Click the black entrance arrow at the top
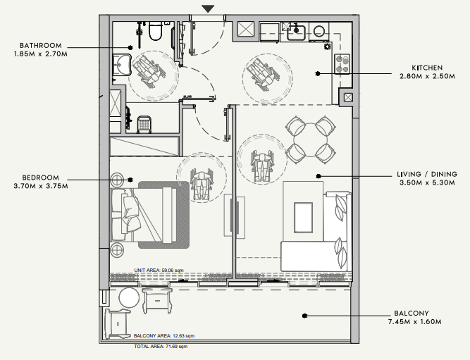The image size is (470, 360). (x=208, y=8)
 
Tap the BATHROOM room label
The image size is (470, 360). (x=41, y=46)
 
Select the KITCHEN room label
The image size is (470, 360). (x=427, y=68)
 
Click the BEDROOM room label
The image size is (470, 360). (x=40, y=178)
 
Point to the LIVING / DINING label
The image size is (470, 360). (x=427, y=174)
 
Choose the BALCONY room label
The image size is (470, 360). (x=412, y=314)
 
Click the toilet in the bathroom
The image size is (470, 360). (x=156, y=30)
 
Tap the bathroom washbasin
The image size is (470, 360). (x=122, y=65)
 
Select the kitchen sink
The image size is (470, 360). (x=296, y=32)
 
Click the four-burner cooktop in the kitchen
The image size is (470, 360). (x=342, y=63)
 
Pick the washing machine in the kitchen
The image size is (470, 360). (x=319, y=32)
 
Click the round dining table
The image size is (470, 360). (x=311, y=140)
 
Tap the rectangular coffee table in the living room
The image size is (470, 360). (x=303, y=218)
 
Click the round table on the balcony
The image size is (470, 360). (x=129, y=298)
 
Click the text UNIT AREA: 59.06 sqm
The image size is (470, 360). (x=159, y=270)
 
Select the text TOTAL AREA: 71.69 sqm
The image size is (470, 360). (x=161, y=347)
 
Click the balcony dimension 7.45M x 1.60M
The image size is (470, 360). (x=415, y=322)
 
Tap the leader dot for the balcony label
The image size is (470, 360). (x=304, y=316)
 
